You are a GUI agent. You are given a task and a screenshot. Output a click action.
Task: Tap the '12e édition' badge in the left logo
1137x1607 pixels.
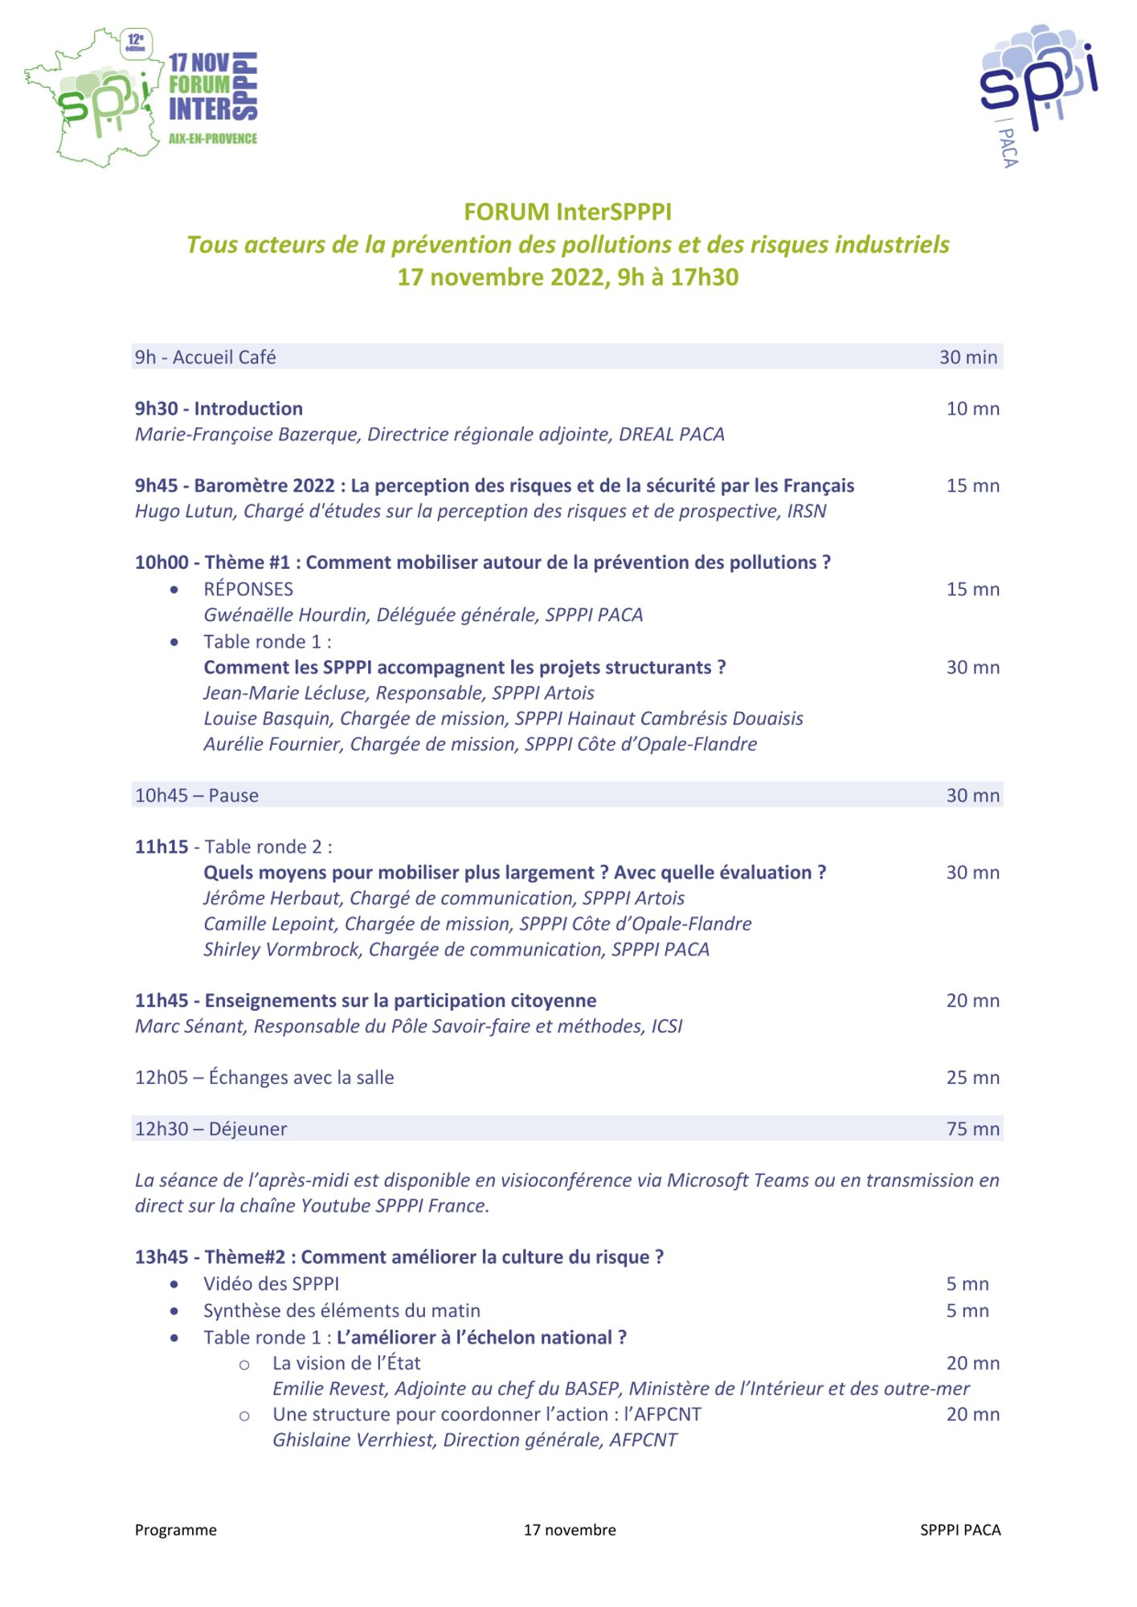(x=135, y=42)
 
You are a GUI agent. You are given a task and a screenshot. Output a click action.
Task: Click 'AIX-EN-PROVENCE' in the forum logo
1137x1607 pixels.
(x=213, y=139)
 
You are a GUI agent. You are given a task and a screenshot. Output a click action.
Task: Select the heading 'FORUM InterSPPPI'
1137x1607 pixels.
(x=567, y=212)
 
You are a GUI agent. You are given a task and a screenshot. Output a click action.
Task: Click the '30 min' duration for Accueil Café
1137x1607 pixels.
(x=967, y=358)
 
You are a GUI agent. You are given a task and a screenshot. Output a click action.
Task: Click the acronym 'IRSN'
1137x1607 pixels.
(x=806, y=512)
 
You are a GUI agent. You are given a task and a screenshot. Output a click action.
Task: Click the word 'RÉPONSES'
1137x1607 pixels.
(x=248, y=589)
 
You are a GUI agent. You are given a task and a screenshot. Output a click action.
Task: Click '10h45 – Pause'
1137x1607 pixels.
(x=197, y=795)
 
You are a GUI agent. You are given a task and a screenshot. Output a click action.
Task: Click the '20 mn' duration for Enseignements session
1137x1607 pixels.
(x=972, y=1001)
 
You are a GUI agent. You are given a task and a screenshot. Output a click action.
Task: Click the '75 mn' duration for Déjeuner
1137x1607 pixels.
(x=972, y=1129)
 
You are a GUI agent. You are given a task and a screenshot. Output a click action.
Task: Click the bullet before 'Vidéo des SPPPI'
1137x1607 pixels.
(x=174, y=1284)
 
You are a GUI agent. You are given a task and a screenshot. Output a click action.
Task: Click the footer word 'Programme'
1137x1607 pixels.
(x=175, y=1530)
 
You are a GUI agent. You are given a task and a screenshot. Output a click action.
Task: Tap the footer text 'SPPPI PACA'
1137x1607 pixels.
(x=960, y=1530)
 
